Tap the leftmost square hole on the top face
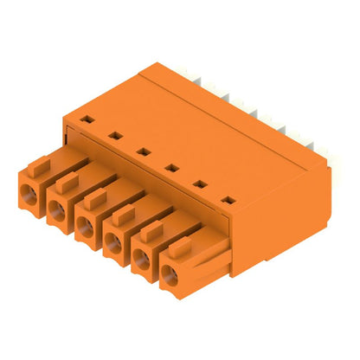(x=87, y=116)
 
